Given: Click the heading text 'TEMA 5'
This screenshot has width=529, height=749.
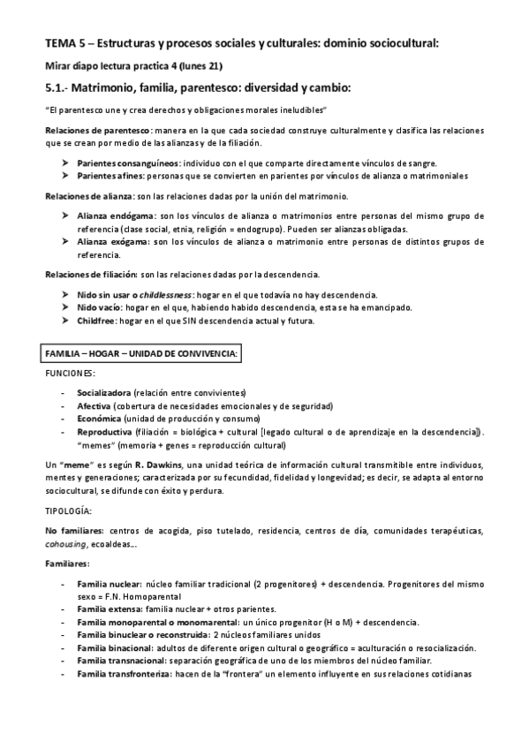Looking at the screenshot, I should [x=66, y=42].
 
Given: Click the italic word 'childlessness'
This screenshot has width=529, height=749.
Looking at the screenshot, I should [x=182, y=293].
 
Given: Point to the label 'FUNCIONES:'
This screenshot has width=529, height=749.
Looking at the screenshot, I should [x=70, y=374].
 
